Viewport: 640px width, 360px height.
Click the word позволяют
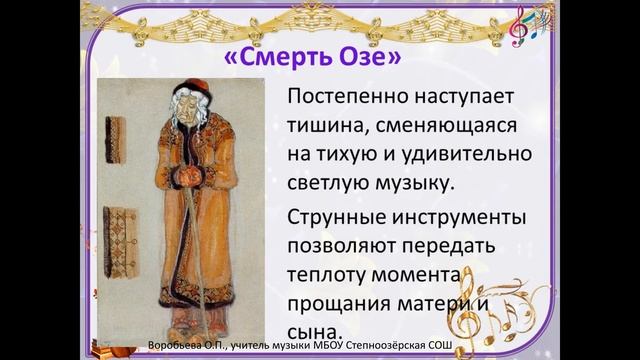coord(339,247)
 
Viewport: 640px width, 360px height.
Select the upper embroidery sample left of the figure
coord(117,134)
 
